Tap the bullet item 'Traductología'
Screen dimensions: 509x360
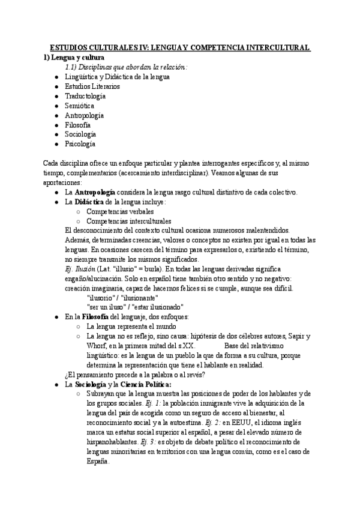coord(85,96)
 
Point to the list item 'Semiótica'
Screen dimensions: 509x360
coord(80,106)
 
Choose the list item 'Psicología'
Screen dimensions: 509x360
coord(80,144)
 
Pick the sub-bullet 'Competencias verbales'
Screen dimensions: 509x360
coord(120,211)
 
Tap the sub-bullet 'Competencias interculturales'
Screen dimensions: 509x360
coord(128,221)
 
